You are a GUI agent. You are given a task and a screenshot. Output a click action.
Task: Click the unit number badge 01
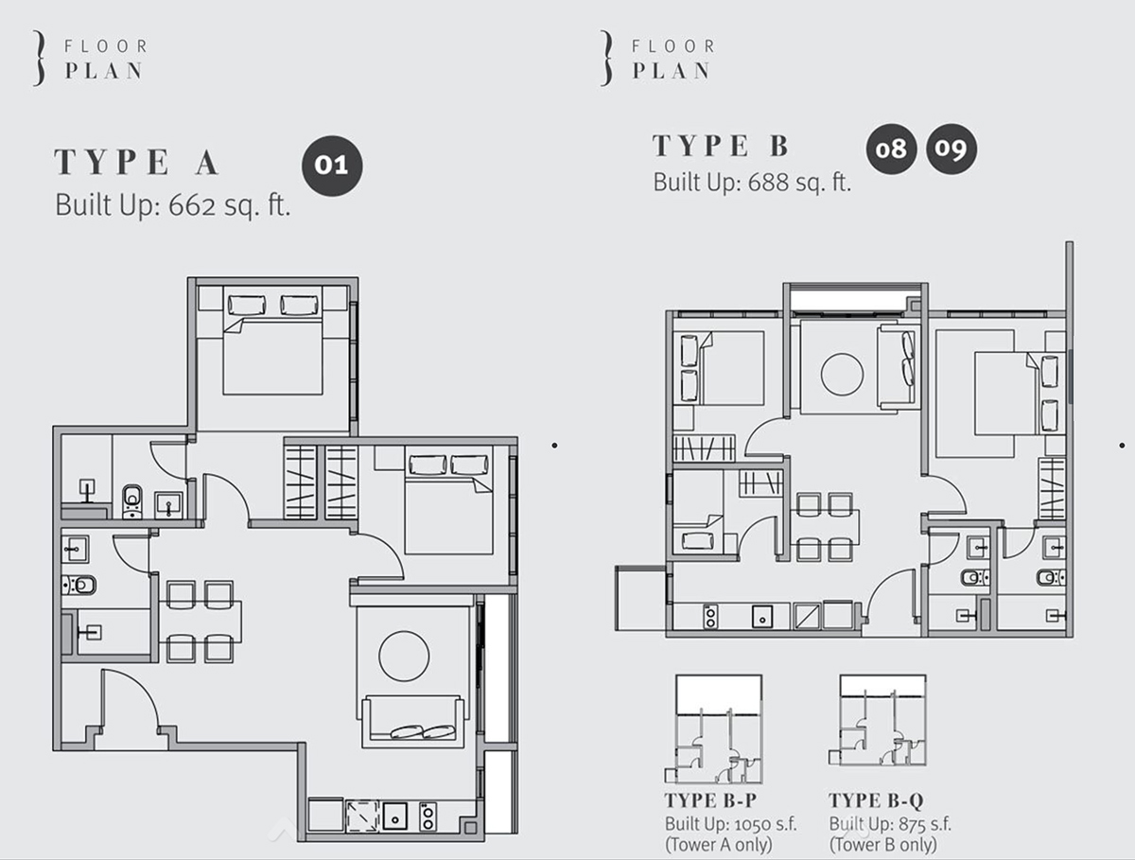click(x=331, y=166)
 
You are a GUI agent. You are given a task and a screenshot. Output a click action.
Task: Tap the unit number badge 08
click(x=891, y=149)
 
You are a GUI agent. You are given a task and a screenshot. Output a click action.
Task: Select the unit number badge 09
click(x=952, y=149)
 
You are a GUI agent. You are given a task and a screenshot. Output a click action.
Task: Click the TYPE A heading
click(x=137, y=163)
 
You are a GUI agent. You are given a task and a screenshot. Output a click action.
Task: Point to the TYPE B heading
click(x=721, y=146)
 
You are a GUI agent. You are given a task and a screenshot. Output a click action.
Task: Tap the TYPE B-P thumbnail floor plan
click(x=718, y=728)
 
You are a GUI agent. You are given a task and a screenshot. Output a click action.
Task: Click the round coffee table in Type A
click(x=404, y=655)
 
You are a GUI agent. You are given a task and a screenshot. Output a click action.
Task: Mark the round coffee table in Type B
click(x=842, y=374)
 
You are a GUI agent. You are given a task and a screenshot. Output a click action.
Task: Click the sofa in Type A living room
click(x=413, y=721)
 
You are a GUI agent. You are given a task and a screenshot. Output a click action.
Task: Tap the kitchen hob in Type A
click(x=428, y=816)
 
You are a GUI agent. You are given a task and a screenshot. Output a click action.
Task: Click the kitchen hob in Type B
click(x=708, y=616)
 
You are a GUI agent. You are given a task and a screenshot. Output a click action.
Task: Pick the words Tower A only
click(x=719, y=844)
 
